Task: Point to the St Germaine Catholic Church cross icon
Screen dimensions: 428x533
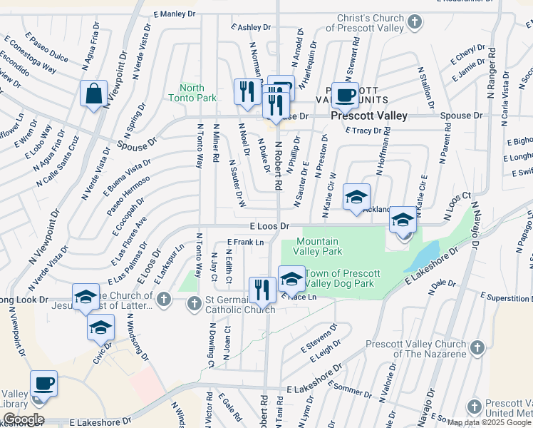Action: (x=193, y=305)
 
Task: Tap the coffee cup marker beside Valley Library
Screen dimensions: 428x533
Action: (x=44, y=384)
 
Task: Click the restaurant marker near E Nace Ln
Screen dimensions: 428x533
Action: (x=262, y=290)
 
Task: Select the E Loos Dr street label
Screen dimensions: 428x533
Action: (x=269, y=225)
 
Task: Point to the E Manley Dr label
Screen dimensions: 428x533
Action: (x=174, y=14)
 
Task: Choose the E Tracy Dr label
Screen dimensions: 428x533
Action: (x=363, y=131)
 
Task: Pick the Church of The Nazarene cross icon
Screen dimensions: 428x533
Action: (x=477, y=347)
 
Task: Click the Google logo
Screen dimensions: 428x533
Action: (x=23, y=419)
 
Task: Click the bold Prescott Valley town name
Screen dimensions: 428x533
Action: (x=368, y=116)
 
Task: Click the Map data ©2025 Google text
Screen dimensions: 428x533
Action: (x=489, y=422)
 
